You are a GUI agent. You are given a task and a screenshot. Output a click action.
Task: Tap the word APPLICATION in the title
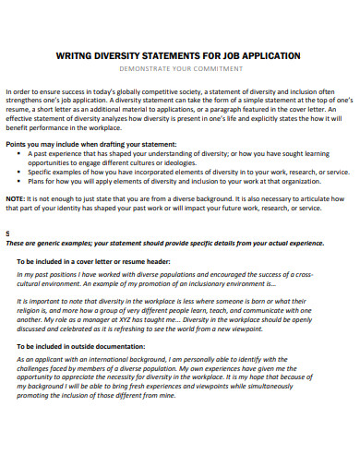tap(268, 55)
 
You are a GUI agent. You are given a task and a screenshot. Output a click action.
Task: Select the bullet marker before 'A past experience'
tap(20, 155)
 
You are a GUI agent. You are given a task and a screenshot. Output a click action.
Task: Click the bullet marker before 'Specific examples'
tap(20, 172)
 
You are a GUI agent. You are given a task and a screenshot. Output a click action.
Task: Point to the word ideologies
tap(157, 163)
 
